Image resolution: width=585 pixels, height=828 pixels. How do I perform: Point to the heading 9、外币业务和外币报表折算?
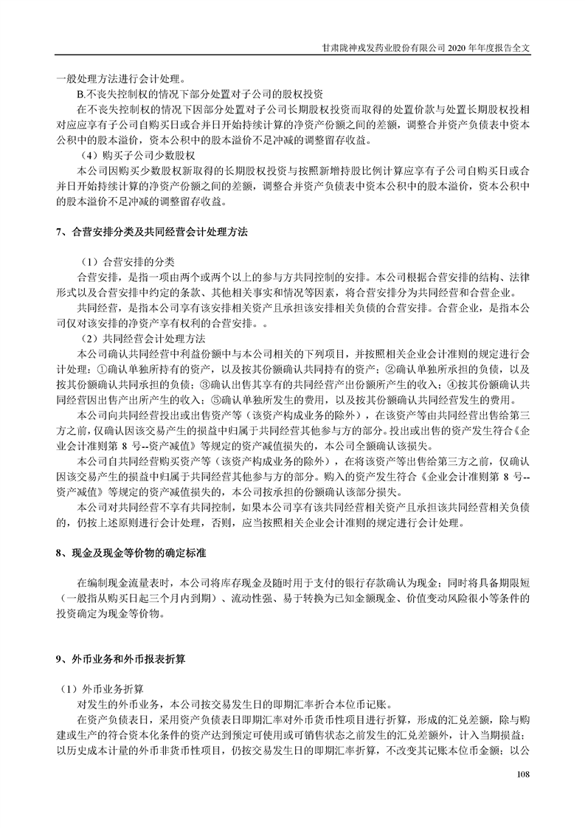pyautogui.click(x=132, y=658)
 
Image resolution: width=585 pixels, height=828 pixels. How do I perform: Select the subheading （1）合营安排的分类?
pyautogui.click(x=126, y=262)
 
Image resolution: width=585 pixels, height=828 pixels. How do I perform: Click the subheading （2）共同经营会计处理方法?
pyautogui.click(x=142, y=339)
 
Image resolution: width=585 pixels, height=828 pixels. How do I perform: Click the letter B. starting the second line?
pyautogui.click(x=82, y=94)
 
